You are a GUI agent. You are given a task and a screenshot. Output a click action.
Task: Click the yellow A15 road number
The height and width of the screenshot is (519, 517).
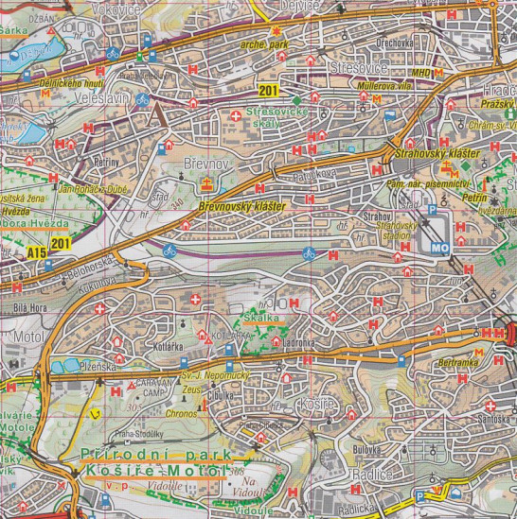coord(36,253)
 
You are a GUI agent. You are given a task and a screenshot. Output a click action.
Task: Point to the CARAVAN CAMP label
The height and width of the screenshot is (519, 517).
coord(149,388)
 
